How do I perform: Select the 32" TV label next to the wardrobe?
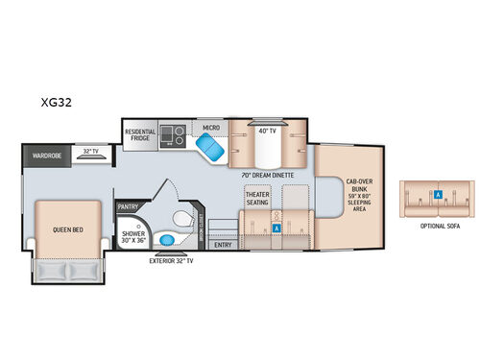point(91,152)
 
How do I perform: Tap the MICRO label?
point(211,125)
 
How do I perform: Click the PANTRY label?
point(129,205)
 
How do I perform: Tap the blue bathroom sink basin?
point(168,239)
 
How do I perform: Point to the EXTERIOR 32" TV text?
point(170,260)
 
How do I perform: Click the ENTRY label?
point(224,244)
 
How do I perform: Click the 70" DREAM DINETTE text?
point(268,176)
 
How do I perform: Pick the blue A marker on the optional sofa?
point(438,194)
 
